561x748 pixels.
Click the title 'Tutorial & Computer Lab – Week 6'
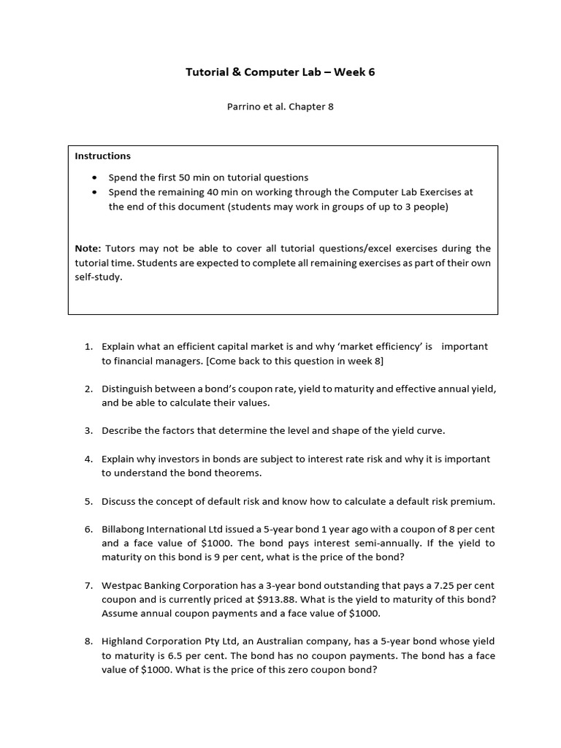tap(280, 72)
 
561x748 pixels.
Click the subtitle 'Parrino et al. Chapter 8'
tap(280, 107)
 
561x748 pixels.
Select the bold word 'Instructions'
tap(103, 156)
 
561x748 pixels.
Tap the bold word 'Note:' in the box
tap(88, 248)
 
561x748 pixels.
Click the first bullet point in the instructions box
tap(95, 178)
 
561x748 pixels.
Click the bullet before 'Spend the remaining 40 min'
tap(95, 192)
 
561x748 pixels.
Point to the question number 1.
tap(88, 346)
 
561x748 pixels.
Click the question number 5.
tap(88, 501)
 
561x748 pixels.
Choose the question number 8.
tap(88, 641)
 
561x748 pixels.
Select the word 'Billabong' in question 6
tap(124, 529)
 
